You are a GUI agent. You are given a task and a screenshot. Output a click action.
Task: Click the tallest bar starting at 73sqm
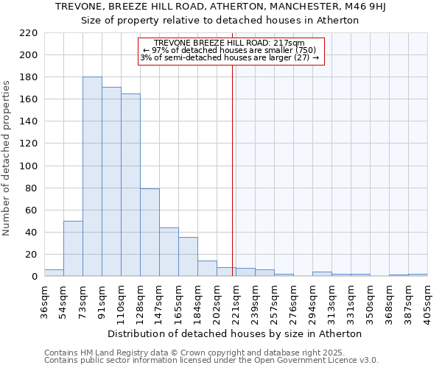pyautogui.click(x=92, y=177)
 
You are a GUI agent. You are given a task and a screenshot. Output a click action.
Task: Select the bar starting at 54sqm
pyautogui.click(x=73, y=249)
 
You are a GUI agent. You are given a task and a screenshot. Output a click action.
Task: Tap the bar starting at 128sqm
pyautogui.click(x=150, y=233)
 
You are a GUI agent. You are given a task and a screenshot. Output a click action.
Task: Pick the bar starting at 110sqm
pyautogui.click(x=130, y=185)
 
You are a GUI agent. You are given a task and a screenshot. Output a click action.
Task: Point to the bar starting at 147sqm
pyautogui.click(x=169, y=252)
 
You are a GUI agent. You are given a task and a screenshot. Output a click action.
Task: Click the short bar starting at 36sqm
pyautogui.click(x=54, y=273)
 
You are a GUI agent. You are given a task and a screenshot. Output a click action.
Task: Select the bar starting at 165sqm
pyautogui.click(x=188, y=257)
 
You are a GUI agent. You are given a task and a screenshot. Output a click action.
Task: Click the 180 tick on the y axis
pyautogui.click(x=29, y=77)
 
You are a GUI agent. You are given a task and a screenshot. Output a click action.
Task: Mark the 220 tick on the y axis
pyautogui.click(x=29, y=33)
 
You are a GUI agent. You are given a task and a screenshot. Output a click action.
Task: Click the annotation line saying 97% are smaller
pyautogui.click(x=229, y=50)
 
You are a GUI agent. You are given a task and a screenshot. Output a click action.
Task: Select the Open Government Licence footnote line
pyautogui.click(x=211, y=360)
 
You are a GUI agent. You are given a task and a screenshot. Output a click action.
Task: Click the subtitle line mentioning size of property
pyautogui.click(x=220, y=20)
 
